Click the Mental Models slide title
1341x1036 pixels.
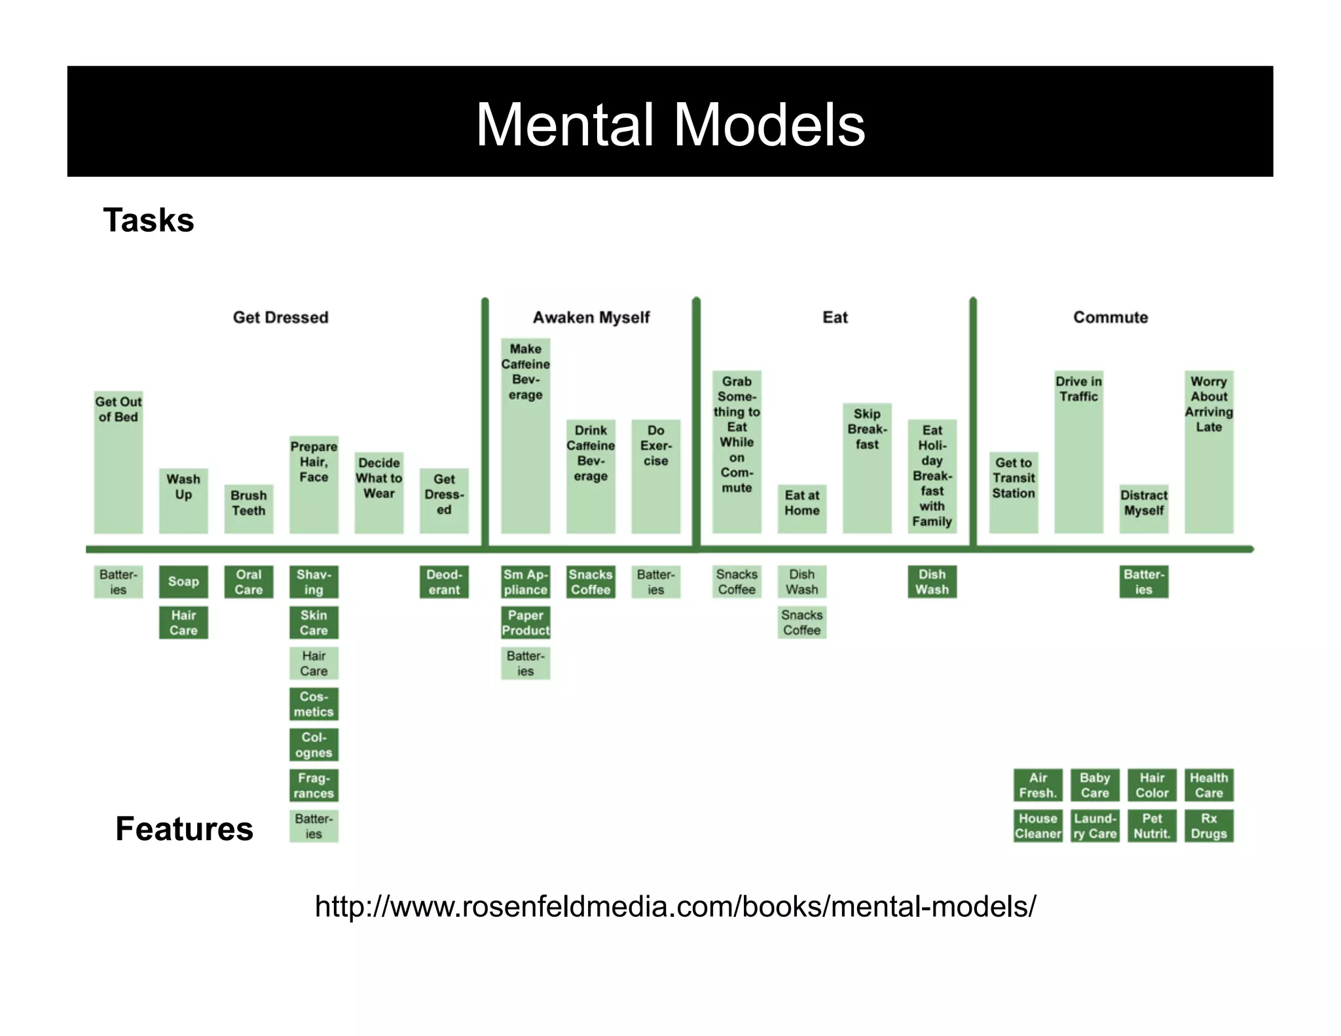670,124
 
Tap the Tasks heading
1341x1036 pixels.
149,220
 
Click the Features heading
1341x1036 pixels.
184,828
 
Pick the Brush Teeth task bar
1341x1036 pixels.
249,508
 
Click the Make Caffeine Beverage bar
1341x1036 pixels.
525,435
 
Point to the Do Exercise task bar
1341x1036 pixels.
655,476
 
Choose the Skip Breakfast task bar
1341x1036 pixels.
867,468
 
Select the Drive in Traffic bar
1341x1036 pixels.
1078,452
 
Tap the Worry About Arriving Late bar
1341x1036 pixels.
1209,452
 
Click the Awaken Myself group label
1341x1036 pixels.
591,318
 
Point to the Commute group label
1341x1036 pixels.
1110,318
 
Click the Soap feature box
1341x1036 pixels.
183,582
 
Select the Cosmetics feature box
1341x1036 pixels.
314,704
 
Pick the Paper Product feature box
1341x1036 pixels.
525,623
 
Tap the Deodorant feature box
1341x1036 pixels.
444,582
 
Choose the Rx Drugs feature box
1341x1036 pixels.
1209,826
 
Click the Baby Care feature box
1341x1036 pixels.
1095,785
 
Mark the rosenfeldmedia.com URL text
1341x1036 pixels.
675,907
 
